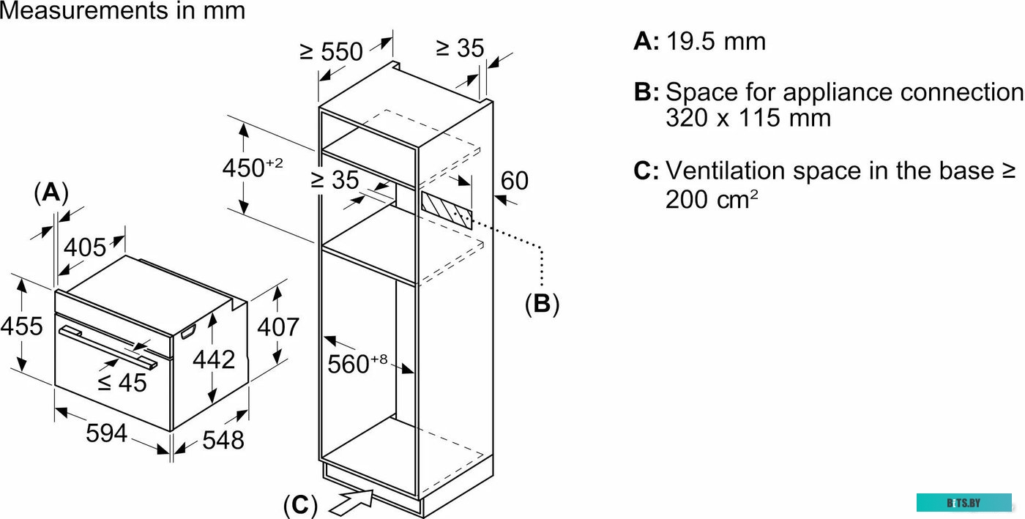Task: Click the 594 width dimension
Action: tap(107, 433)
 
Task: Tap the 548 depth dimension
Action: tap(223, 440)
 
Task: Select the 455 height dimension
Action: tap(21, 326)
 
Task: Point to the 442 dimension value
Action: tap(215, 359)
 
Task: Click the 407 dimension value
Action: tap(278, 326)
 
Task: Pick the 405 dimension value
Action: tap(84, 247)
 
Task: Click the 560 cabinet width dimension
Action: tap(358, 364)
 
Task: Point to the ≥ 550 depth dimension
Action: tap(332, 51)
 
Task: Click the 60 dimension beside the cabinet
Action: tap(514, 180)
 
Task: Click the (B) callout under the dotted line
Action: tap(542, 304)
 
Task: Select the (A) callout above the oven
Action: tap(51, 193)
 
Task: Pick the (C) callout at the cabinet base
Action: tap(300, 505)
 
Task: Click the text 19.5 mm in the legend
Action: tap(715, 41)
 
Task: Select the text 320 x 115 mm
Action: tap(748, 118)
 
